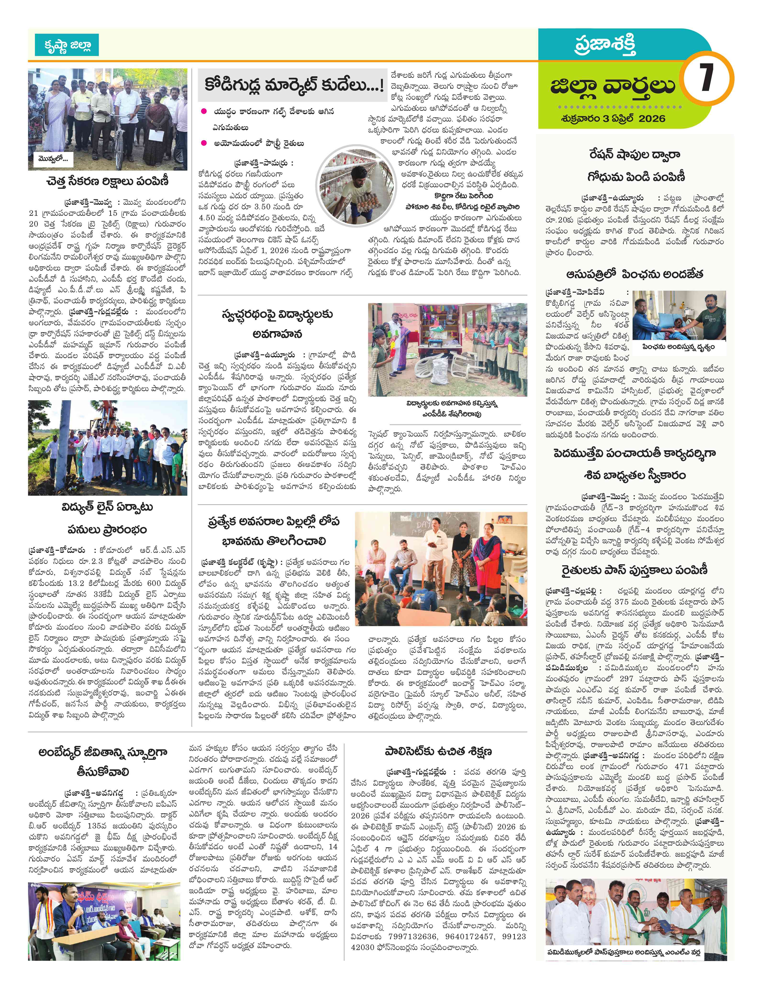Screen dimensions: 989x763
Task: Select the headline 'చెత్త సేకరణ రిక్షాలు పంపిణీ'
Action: [107, 182]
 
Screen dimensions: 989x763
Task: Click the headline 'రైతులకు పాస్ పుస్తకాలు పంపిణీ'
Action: [635, 570]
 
